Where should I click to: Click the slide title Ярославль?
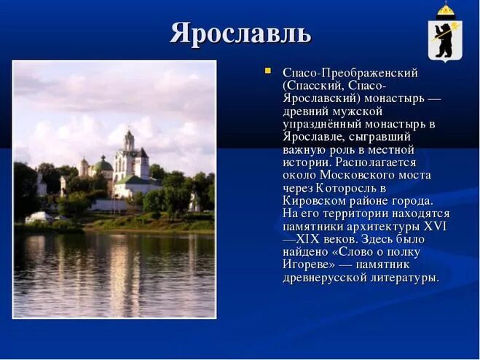click(240, 33)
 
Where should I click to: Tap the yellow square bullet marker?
click(268, 71)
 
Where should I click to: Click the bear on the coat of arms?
click(444, 38)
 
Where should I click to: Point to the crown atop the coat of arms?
click(444, 9)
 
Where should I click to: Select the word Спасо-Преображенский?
click(350, 73)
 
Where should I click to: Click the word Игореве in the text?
click(308, 265)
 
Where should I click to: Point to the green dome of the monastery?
click(104, 165)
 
